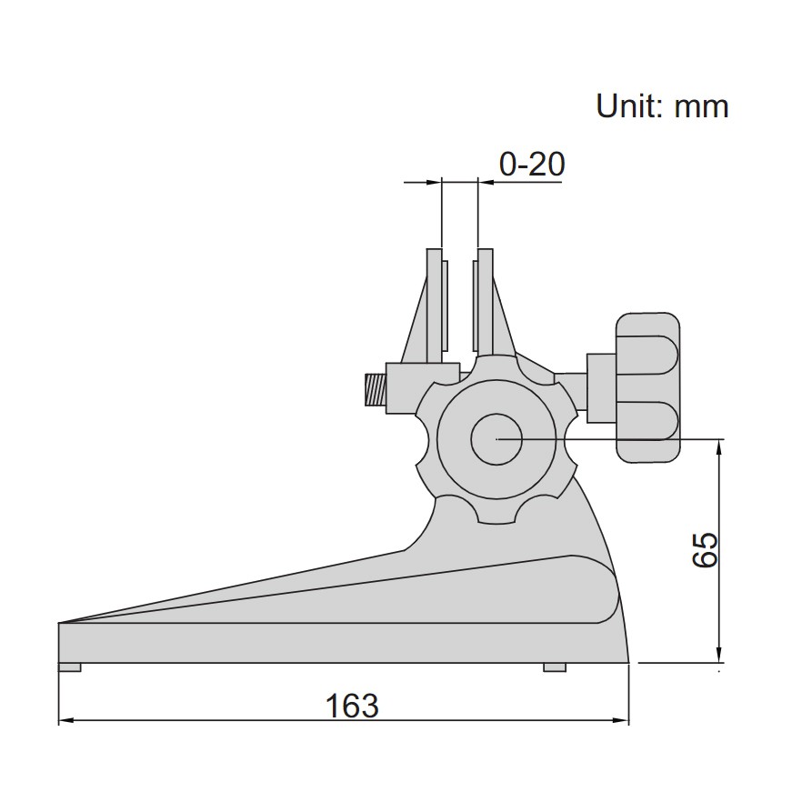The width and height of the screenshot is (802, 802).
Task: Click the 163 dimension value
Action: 353,705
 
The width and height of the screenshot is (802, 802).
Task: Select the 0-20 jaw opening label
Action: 532,164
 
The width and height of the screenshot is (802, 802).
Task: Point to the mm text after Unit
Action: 701,107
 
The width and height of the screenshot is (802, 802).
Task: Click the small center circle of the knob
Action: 496,439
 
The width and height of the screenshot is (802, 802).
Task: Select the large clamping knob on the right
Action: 647,386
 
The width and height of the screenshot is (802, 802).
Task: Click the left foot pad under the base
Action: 70,667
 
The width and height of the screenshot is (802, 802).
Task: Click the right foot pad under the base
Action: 555,667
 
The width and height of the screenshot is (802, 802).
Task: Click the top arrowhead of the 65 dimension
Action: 719,446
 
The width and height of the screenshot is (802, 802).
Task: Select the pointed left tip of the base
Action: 62,624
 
